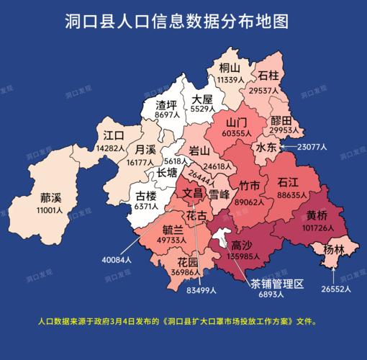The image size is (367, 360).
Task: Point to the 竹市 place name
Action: click(250, 186)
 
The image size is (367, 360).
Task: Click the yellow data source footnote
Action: click(176, 322)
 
